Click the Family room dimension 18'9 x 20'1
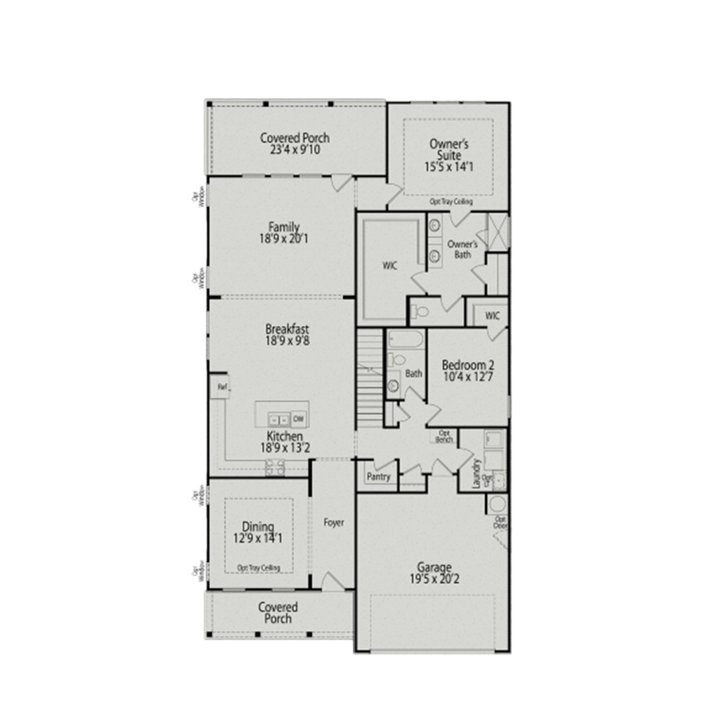[284, 239]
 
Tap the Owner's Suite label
[449, 149]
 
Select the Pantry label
[378, 477]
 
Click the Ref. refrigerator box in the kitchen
[221, 387]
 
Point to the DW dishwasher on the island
[298, 419]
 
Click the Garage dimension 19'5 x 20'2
[434, 579]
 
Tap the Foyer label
[334, 523]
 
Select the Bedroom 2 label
[468, 365]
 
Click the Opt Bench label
[444, 436]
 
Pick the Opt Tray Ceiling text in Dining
[258, 568]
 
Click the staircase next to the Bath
[370, 378]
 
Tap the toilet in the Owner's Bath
[421, 312]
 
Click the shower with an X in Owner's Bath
[498, 232]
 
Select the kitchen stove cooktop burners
[275, 467]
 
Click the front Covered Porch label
[278, 613]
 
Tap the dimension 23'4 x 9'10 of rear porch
[295, 150]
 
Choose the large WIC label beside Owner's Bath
[390, 266]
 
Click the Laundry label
[476, 474]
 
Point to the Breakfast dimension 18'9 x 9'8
[287, 341]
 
